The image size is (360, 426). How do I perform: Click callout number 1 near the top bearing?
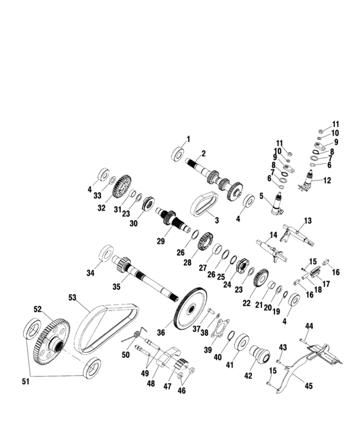[x=188, y=139]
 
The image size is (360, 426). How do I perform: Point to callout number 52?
[x=37, y=309]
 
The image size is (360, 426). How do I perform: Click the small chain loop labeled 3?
[x=206, y=205]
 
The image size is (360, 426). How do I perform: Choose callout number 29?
[x=161, y=241]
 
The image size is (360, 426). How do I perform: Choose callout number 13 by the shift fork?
[x=308, y=220]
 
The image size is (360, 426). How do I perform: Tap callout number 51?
[x=26, y=382]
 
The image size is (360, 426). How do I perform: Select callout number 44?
[x=309, y=326]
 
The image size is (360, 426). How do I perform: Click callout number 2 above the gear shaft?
[x=203, y=153]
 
